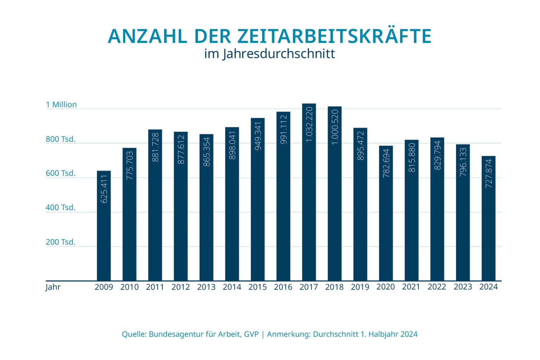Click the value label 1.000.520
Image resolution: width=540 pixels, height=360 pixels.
pyautogui.click(x=335, y=127)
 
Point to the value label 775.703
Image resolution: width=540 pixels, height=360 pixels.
pyautogui.click(x=130, y=166)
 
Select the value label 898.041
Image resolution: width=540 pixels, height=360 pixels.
pyautogui.click(x=232, y=145)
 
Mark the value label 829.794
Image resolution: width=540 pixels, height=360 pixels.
pyautogui.click(x=437, y=155)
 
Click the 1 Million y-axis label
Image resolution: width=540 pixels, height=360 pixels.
pyautogui.click(x=61, y=104)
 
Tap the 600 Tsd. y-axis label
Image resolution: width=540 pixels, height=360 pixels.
pyautogui.click(x=60, y=173)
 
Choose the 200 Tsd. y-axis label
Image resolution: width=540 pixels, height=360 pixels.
pyautogui.click(x=60, y=242)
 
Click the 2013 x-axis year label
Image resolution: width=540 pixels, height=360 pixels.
pyautogui.click(x=206, y=287)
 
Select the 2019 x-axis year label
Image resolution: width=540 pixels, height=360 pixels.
pyautogui.click(x=360, y=287)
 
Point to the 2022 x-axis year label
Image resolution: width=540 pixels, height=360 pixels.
pyautogui.click(x=437, y=287)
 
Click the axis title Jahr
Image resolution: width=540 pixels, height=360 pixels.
pyautogui.click(x=53, y=287)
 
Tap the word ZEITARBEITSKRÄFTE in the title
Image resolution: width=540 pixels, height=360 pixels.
pyautogui.click(x=334, y=36)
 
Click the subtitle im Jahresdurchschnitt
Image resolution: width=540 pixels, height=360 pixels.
pyautogui.click(x=270, y=54)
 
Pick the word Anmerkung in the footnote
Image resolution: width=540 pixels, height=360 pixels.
pyautogui.click(x=289, y=334)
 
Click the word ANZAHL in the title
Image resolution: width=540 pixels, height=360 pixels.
pyautogui.click(x=148, y=36)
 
